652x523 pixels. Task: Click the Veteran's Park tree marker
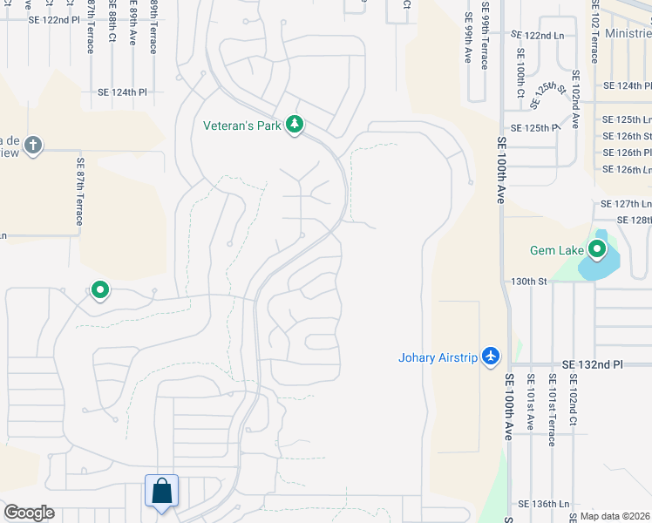click(295, 126)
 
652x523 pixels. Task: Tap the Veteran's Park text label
click(242, 126)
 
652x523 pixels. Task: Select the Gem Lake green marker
click(597, 251)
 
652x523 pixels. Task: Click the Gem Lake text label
click(556, 251)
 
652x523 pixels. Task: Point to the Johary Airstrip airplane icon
click(491, 357)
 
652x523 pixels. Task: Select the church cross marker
click(33, 145)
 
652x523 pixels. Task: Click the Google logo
click(29, 513)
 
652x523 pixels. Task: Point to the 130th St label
click(528, 282)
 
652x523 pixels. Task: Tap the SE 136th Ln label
click(543, 504)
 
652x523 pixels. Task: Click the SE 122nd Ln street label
click(538, 35)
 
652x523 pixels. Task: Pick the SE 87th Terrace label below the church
click(79, 191)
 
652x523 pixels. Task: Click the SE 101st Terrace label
click(552, 410)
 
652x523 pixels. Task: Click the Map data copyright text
click(615, 515)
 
